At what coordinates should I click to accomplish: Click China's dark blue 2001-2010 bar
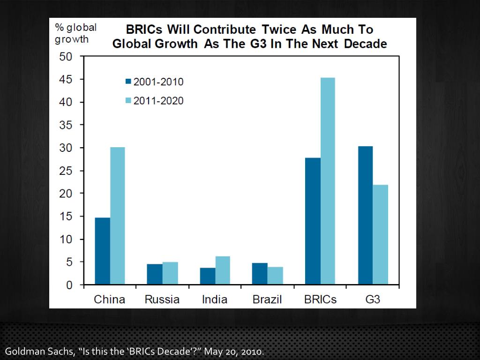click(102, 251)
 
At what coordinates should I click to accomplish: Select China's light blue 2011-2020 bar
click(117, 216)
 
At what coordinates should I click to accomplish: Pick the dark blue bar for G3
click(365, 216)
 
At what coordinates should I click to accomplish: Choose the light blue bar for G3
click(381, 235)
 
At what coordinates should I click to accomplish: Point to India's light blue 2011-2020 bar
click(223, 270)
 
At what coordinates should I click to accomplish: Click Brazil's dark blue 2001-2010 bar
click(259, 274)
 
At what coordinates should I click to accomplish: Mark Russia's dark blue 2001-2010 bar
click(154, 274)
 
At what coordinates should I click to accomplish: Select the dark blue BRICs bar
click(312, 221)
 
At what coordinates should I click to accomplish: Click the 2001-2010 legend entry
click(154, 82)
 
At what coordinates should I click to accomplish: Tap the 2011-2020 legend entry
click(154, 100)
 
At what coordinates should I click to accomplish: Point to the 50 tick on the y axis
click(66, 57)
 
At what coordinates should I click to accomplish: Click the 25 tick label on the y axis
click(66, 171)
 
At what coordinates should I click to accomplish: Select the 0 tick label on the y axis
click(69, 285)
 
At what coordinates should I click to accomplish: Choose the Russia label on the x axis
click(162, 300)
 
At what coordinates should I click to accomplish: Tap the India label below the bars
click(215, 300)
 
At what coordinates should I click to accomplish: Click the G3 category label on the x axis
click(373, 300)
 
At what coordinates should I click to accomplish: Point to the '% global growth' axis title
click(75, 33)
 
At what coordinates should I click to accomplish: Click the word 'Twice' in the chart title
click(280, 29)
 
